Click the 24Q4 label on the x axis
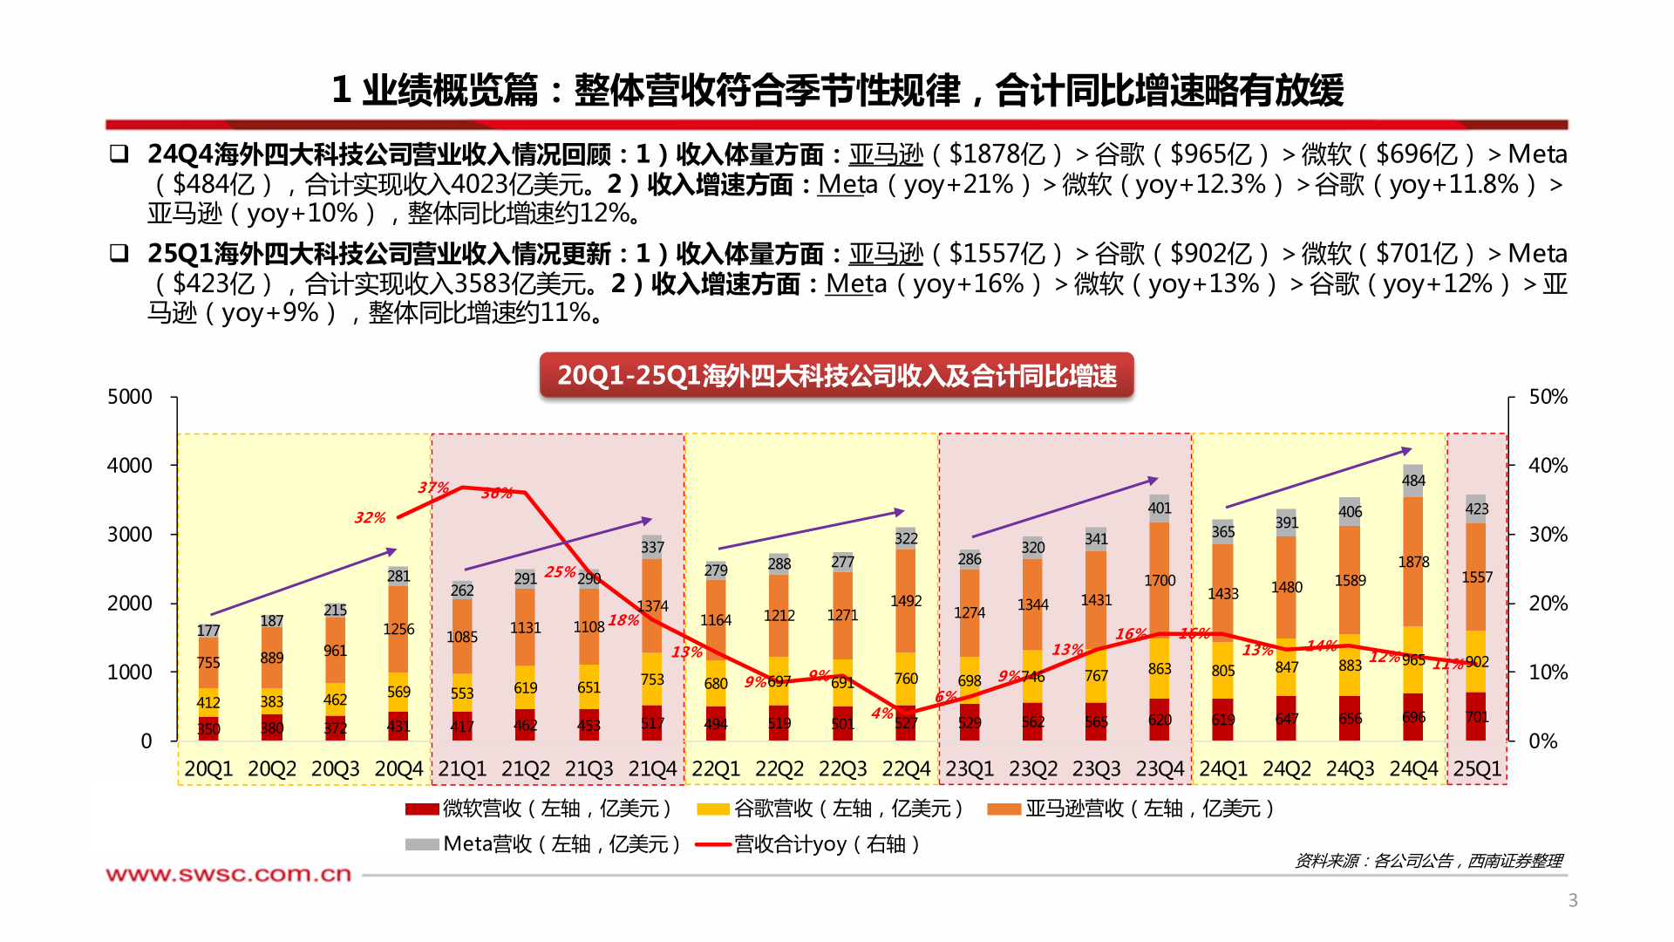[1413, 769]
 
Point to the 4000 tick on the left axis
[129, 466]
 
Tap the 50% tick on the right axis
[1548, 397]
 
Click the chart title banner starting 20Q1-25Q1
[836, 376]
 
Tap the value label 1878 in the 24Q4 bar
[1413, 563]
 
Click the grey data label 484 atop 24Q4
[1413, 481]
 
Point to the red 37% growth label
[433, 488]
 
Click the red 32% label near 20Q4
[370, 518]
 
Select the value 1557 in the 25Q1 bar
[1477, 577]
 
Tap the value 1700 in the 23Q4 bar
[1160, 581]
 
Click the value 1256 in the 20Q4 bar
[398, 629]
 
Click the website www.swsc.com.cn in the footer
[228, 874]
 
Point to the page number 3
[1573, 900]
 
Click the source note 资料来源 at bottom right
[1428, 861]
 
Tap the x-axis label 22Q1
[716, 769]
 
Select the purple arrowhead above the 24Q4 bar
[1406, 451]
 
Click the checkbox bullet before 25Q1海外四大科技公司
[119, 253]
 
